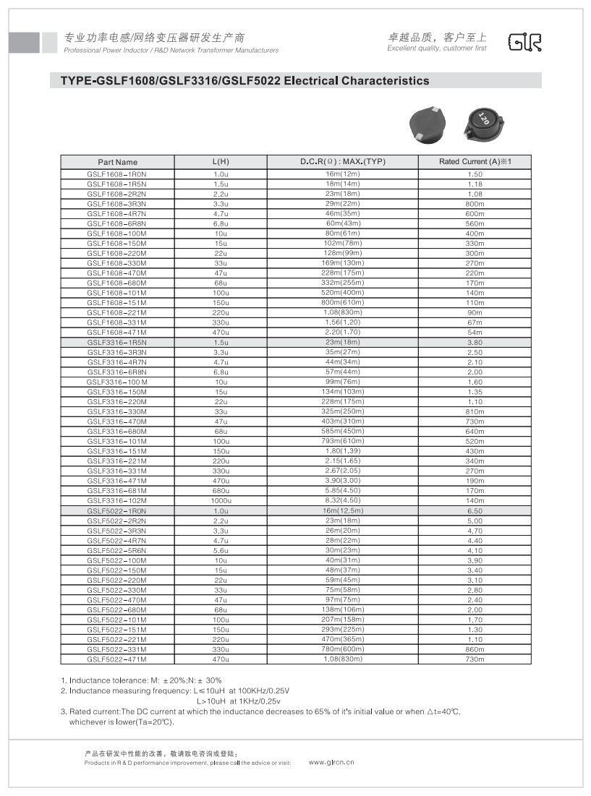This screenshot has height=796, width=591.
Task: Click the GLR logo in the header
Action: coord(524,42)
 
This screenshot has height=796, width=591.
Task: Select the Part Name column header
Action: coord(117,162)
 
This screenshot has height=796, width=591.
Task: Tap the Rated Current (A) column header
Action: coord(475,162)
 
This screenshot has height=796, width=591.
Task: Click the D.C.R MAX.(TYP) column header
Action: coord(342,162)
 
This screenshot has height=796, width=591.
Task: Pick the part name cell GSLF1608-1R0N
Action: coord(117,174)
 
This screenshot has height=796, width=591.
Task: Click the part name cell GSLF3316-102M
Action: coord(117,501)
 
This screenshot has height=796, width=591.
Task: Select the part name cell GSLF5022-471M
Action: coord(117,659)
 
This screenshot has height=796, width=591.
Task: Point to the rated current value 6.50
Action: coord(475,511)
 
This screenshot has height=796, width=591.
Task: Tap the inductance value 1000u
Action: coord(221,501)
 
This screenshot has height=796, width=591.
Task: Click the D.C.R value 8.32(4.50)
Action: coord(342,501)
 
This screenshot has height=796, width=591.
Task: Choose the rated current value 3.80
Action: coord(475,343)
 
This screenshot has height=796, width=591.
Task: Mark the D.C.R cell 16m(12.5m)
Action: coord(342,511)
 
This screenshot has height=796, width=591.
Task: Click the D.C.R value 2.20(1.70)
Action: coord(342,333)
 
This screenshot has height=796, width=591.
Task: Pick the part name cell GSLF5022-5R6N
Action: coord(117,551)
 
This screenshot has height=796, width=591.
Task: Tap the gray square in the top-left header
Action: coord(24,43)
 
